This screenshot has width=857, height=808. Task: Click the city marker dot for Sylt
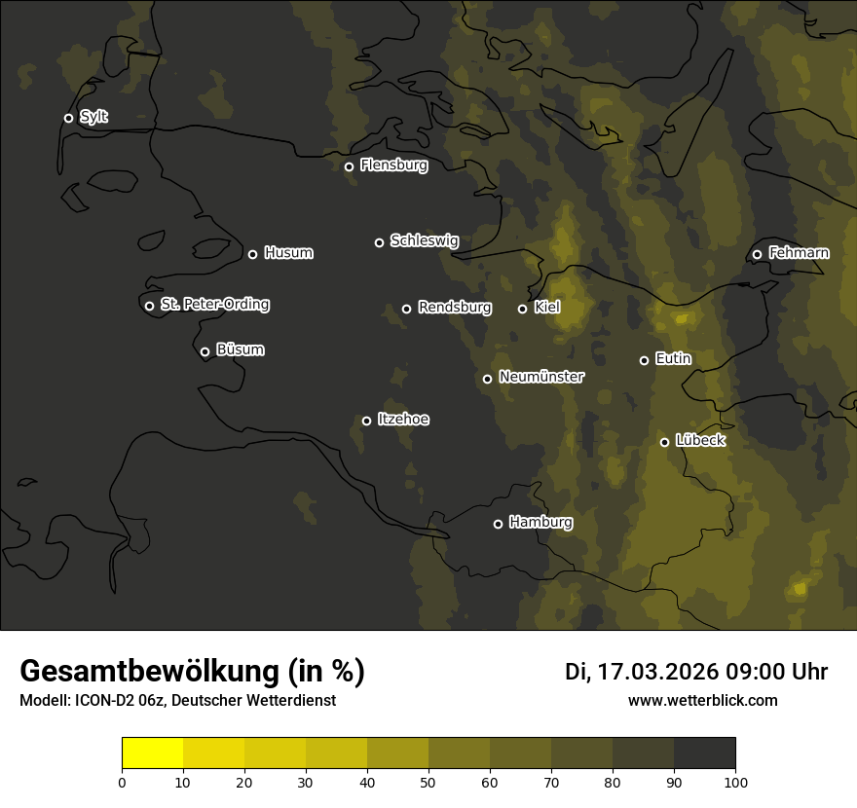coord(68,118)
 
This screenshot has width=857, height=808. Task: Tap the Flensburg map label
coord(393,165)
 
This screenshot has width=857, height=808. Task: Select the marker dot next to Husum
coord(252,254)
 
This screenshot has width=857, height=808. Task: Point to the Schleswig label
coord(424,240)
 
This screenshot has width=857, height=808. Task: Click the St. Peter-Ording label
coord(214,305)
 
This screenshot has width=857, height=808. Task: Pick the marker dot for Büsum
coord(205,352)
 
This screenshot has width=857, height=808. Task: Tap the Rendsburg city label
coord(454,308)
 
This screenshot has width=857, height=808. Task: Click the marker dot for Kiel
coord(522,309)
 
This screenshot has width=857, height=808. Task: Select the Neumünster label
coord(541,377)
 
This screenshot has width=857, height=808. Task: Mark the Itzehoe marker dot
coord(366,421)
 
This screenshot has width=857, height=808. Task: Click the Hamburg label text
coord(540,523)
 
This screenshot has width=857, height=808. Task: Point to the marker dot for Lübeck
coord(664,442)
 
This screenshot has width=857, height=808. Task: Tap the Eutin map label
coord(673,359)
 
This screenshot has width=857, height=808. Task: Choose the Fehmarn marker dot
coord(757,255)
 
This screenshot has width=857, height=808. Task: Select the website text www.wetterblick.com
coord(702,700)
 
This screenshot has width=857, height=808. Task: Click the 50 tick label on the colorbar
coord(428,782)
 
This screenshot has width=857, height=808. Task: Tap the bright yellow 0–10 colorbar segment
coord(153,753)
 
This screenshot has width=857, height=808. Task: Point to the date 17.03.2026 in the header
coord(658,672)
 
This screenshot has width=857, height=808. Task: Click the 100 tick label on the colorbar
coord(735,782)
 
